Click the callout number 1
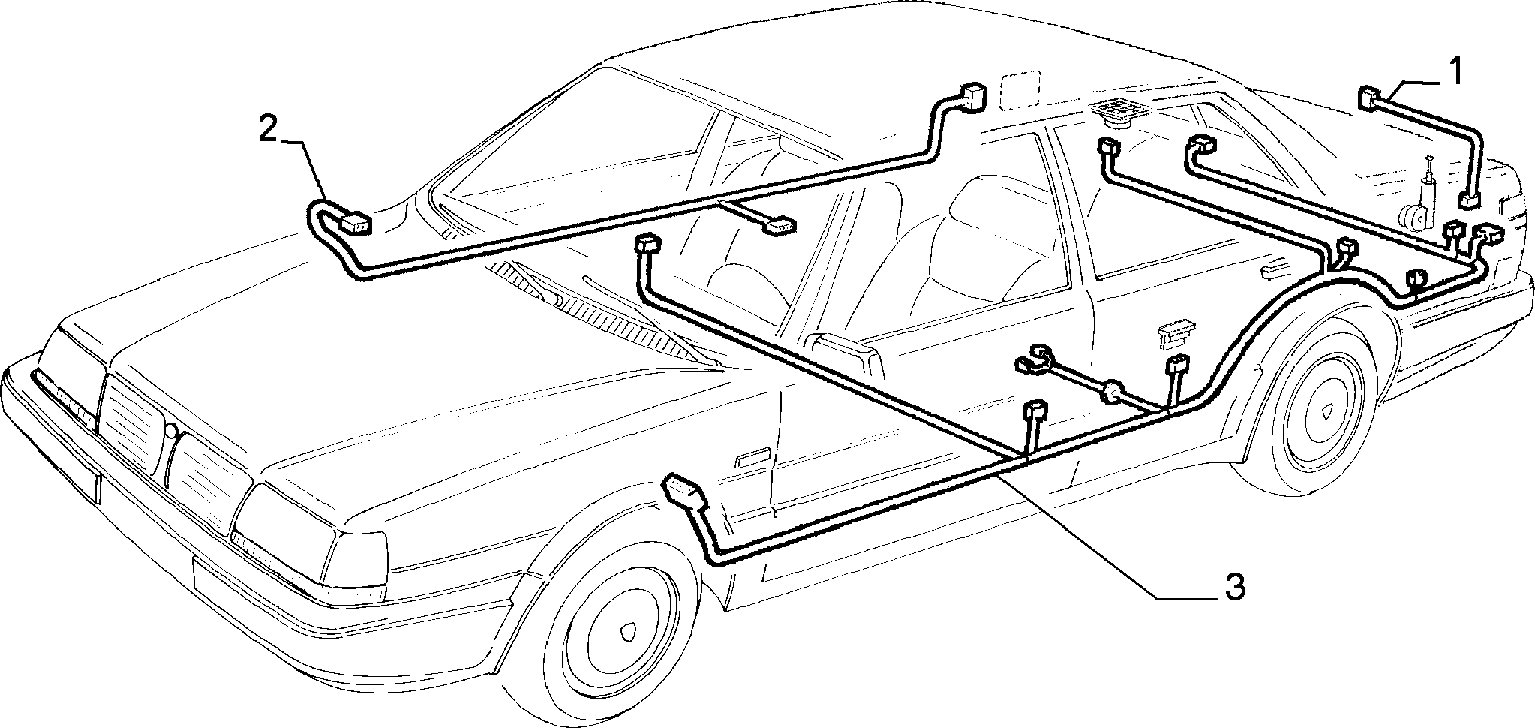(1455, 74)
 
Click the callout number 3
(1235, 587)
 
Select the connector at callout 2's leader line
(354, 223)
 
